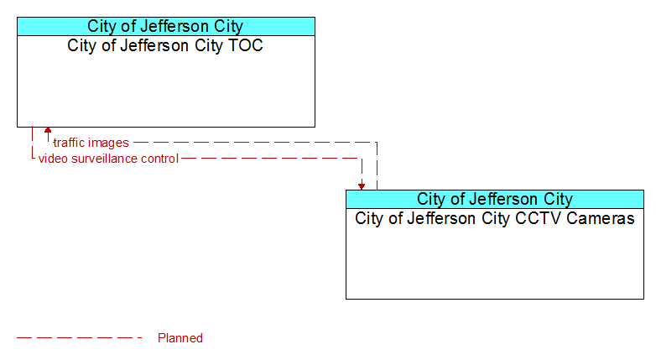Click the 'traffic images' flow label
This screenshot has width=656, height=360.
tap(91, 143)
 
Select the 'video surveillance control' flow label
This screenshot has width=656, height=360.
tap(108, 159)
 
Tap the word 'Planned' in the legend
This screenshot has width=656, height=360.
tap(180, 338)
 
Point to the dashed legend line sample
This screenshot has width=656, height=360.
tap(80, 337)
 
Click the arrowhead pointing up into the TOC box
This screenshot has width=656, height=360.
tap(48, 130)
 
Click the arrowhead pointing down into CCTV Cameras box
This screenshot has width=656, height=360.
tap(362, 186)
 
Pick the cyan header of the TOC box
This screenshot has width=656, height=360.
tap(166, 26)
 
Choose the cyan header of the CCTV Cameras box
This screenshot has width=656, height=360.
tap(495, 199)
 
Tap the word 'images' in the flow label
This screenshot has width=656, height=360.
tap(110, 143)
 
